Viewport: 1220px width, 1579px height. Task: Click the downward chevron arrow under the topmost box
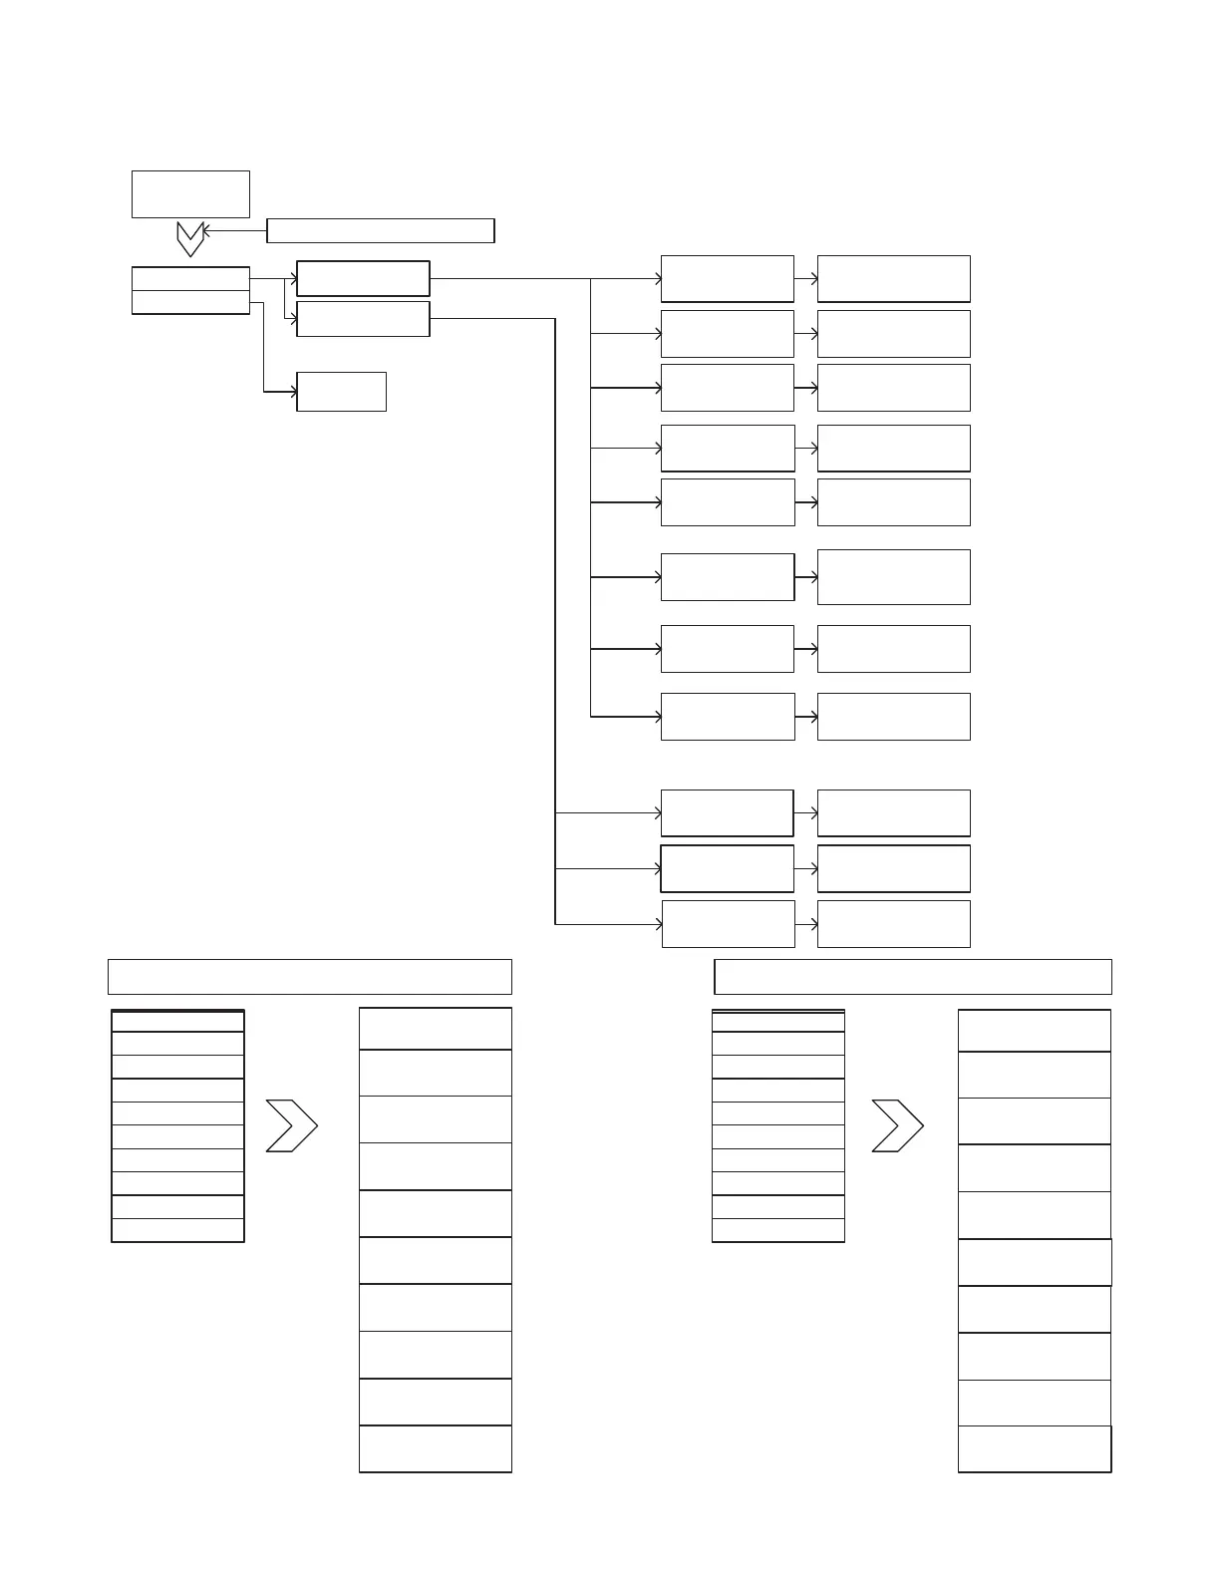(190, 238)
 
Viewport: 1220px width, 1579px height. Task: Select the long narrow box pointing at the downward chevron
(381, 230)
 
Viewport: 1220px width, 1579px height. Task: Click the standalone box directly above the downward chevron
(190, 194)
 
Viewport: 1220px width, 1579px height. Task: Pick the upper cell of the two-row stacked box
(190, 278)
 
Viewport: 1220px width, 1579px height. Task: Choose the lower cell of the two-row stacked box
(190, 302)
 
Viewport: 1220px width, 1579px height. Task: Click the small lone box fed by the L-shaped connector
(341, 392)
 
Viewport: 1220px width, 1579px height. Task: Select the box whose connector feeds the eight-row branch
(363, 278)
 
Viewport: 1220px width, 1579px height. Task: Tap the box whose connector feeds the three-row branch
(363, 319)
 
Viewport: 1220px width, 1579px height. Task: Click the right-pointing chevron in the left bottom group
(291, 1126)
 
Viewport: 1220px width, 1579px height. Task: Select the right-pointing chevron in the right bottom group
(897, 1126)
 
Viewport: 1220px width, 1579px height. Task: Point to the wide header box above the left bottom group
(309, 977)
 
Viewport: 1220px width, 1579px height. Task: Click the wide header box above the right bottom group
(913, 977)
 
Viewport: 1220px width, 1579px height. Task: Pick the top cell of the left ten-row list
(177, 1021)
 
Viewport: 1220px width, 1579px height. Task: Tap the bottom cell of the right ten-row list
(777, 1230)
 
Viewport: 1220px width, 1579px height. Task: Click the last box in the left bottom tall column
(435, 1448)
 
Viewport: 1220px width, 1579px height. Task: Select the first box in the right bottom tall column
(1034, 1030)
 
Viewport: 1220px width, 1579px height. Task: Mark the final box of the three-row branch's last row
(893, 924)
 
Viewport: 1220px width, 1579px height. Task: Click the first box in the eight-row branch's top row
(727, 278)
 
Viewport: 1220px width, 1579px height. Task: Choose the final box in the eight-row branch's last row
(893, 717)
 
